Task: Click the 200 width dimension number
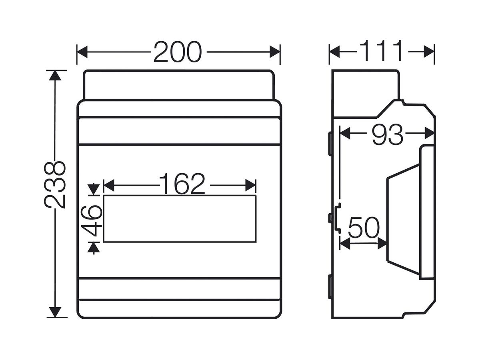pyautogui.click(x=177, y=52)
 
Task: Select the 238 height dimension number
pyautogui.click(x=55, y=185)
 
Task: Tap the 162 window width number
pyautogui.click(x=182, y=184)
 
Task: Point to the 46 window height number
pyautogui.click(x=92, y=221)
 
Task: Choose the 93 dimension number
pyautogui.click(x=387, y=134)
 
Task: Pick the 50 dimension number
pyautogui.click(x=364, y=228)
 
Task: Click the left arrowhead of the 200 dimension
pyautogui.click(x=82, y=52)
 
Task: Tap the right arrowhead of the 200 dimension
pyautogui.click(x=275, y=52)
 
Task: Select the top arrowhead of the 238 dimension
pyautogui.click(x=55, y=76)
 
